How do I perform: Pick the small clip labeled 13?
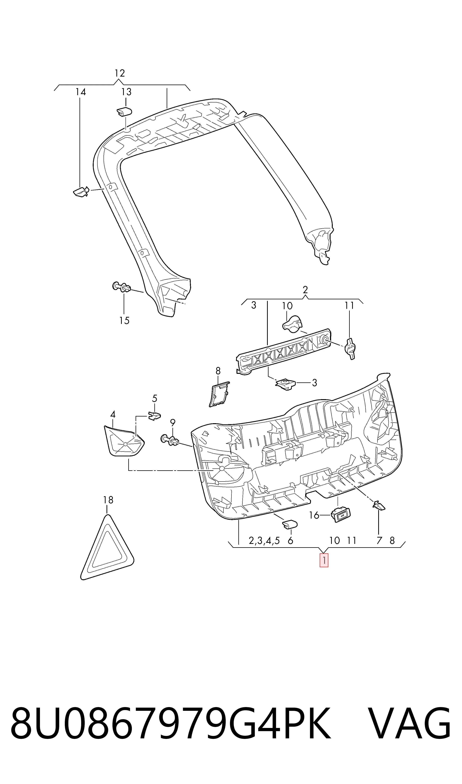tap(124, 111)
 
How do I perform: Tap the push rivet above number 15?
tap(122, 287)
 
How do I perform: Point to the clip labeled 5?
tap(154, 416)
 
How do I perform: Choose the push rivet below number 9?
tap(170, 440)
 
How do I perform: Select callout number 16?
tap(314, 515)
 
